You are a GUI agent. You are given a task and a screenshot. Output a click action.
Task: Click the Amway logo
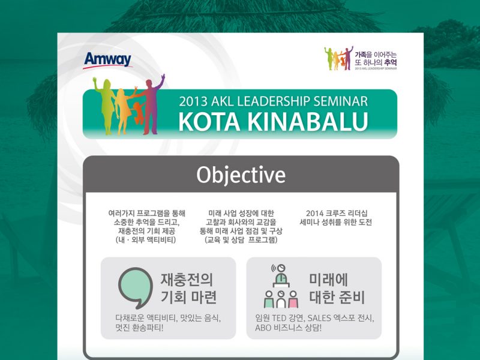pos(107,61)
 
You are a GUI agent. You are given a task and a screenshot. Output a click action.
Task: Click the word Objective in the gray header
pos(241,175)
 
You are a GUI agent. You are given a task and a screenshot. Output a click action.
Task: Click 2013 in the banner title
pos(193,101)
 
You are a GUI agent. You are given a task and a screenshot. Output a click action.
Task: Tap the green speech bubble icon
pos(136,288)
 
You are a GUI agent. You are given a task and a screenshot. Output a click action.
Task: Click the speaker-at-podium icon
pos(281,276)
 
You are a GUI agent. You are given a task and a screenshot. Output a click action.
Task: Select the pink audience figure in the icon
pos(293,299)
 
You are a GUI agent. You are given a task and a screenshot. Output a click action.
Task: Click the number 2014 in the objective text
pos(314,214)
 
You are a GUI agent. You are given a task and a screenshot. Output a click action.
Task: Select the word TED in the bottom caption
pos(278,318)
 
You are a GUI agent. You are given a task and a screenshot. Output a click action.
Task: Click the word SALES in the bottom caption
pos(320,318)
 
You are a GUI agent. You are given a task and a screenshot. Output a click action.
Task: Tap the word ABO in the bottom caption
pos(263,328)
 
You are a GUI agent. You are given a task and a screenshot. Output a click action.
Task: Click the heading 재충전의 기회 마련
pos(189,288)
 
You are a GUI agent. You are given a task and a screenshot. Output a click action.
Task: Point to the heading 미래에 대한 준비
pos(337,288)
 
